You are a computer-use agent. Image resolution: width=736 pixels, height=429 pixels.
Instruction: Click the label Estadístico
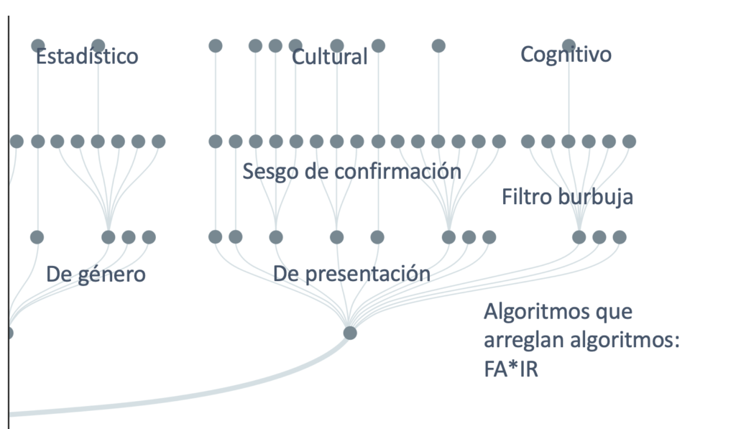87,56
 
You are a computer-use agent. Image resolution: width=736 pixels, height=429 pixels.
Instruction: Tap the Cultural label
329,57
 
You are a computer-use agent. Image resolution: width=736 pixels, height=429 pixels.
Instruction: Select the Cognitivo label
566,54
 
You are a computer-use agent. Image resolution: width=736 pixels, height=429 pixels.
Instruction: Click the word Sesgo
267,172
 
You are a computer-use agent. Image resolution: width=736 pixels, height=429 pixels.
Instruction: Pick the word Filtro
527,197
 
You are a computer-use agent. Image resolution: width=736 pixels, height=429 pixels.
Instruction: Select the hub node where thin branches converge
350,333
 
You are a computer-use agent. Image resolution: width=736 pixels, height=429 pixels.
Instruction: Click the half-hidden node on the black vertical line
10,333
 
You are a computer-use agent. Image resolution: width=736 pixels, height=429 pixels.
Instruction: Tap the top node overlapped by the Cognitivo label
569,45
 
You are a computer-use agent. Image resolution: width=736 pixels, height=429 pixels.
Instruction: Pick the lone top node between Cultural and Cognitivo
438,46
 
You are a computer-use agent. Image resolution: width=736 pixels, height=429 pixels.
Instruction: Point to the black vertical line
9,216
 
